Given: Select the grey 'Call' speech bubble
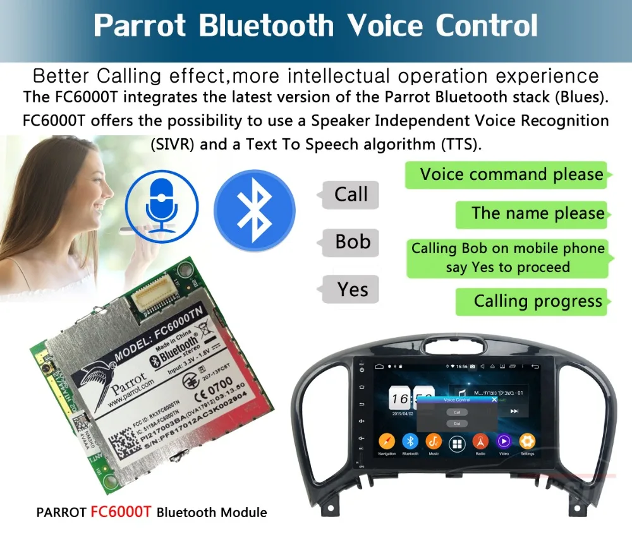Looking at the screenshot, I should (x=350, y=194).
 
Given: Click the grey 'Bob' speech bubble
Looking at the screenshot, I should (x=352, y=242).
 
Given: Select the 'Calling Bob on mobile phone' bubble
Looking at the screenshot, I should (x=507, y=258).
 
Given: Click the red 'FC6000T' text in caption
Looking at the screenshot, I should (x=121, y=512).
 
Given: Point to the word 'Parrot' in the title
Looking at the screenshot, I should (x=140, y=26).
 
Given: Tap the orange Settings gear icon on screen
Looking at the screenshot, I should (x=527, y=441).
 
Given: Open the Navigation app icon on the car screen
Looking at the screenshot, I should (x=387, y=441).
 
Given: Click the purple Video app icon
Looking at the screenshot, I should (x=504, y=441).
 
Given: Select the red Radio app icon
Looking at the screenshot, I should (x=480, y=441).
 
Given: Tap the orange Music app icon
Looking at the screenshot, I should (x=434, y=441).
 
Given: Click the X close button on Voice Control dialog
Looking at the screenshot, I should (x=494, y=400).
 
